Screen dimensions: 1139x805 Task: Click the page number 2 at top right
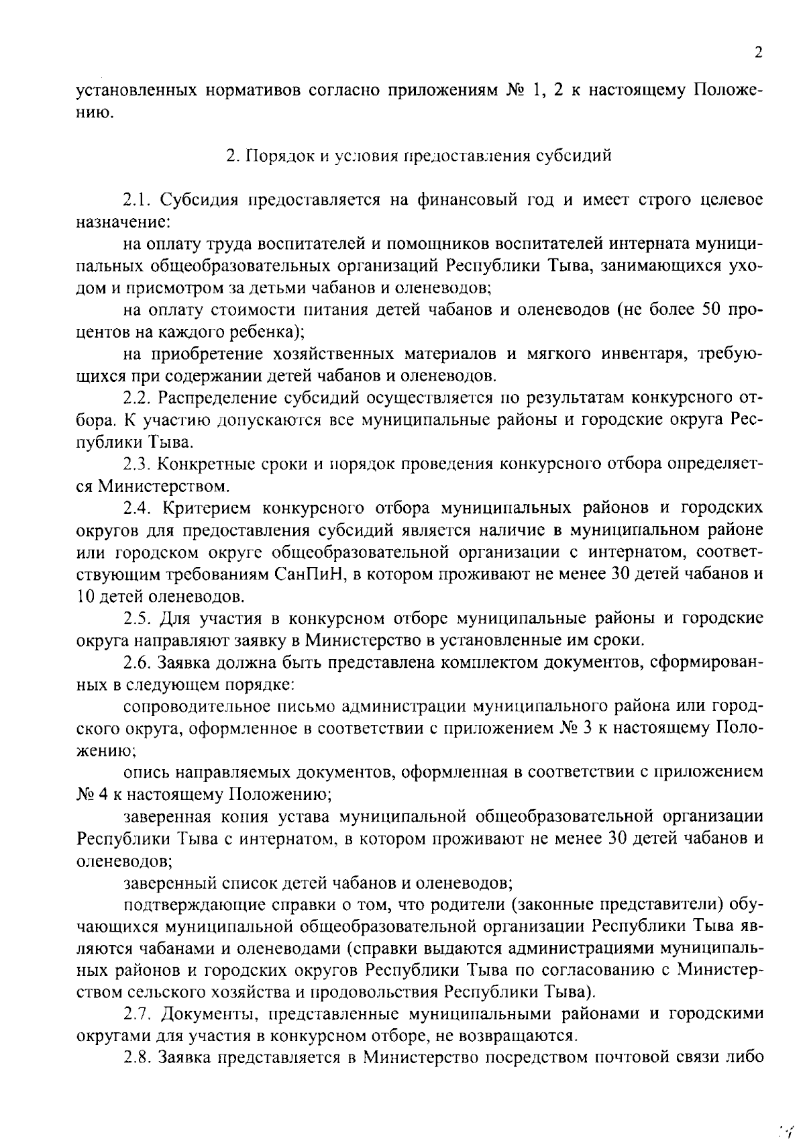point(757,53)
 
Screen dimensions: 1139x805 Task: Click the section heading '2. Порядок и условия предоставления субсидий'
point(419,156)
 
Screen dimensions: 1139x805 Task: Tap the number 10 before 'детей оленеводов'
point(88,596)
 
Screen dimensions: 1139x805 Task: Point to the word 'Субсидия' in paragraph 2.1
point(203,200)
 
